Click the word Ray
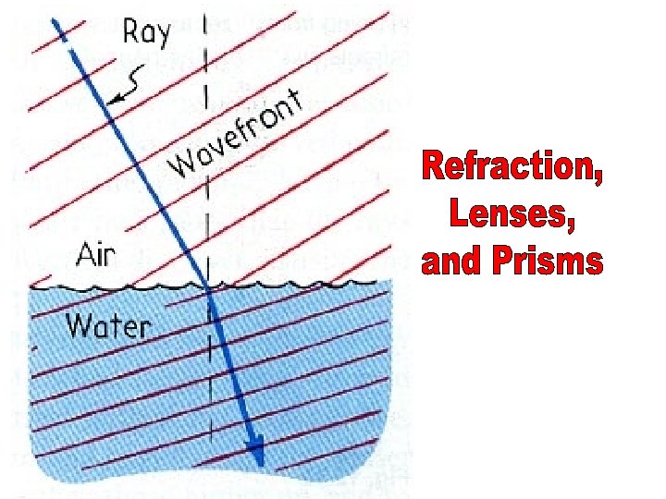[x=147, y=32]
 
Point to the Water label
[x=108, y=324]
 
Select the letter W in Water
[x=78, y=324]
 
